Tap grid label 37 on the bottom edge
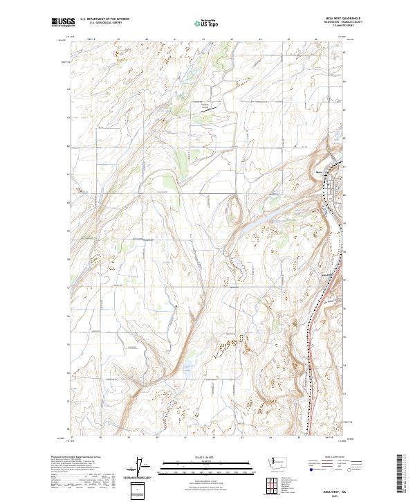click(x=73, y=438)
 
